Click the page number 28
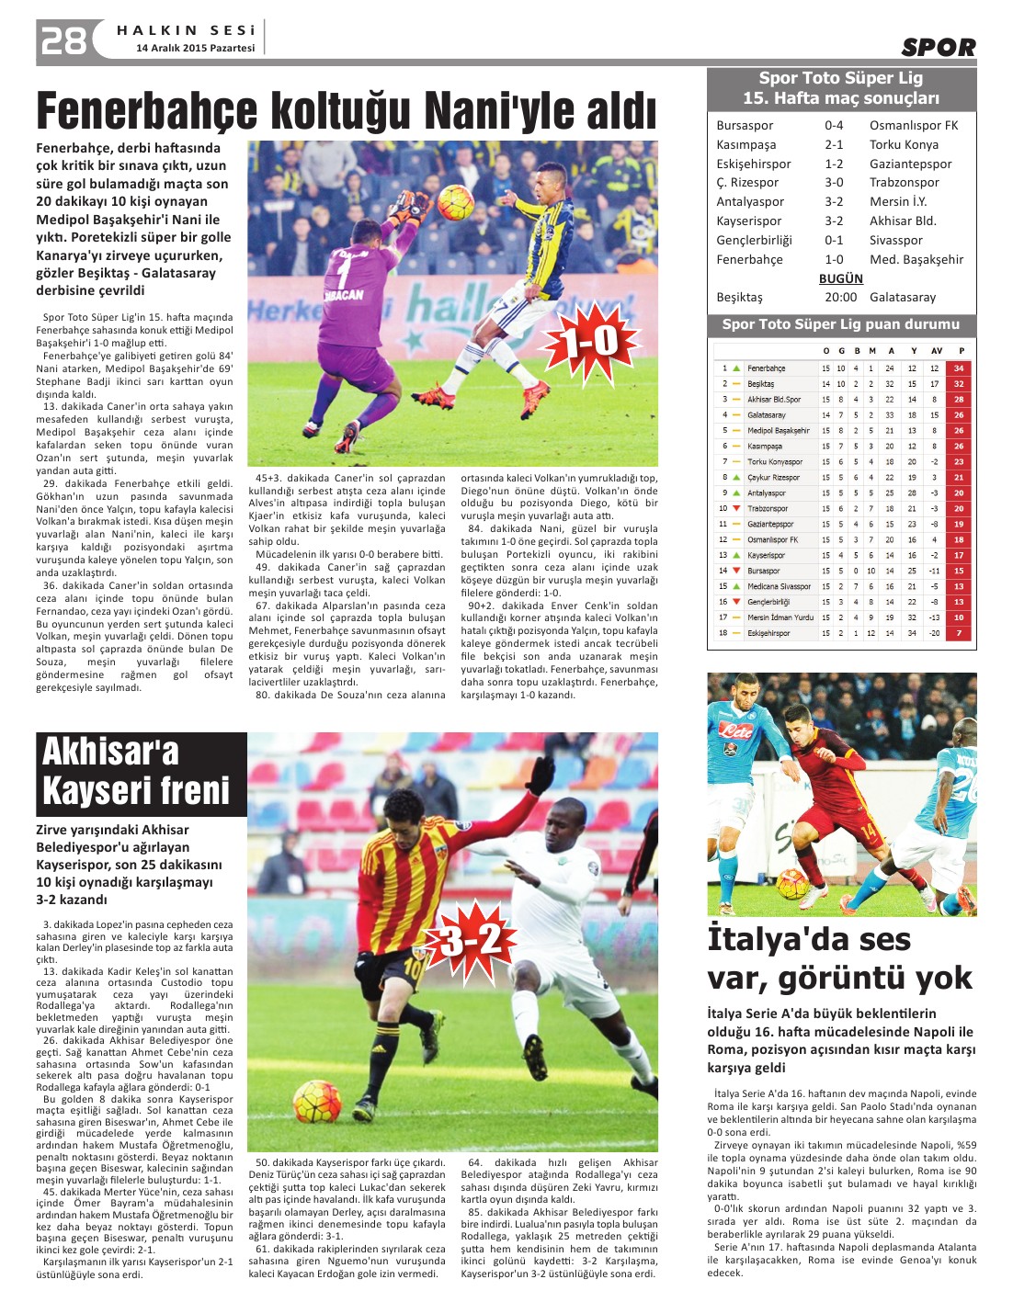click(x=63, y=40)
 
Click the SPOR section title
click(x=938, y=47)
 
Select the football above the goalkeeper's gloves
click(x=455, y=202)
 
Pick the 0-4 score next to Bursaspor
click(x=833, y=125)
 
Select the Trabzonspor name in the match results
click(x=904, y=182)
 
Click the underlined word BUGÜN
click(x=840, y=278)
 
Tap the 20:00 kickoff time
click(x=840, y=297)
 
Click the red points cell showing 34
click(x=959, y=368)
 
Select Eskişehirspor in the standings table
click(x=768, y=633)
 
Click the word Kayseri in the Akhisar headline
click(x=86, y=790)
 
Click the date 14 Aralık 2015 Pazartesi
click(x=195, y=48)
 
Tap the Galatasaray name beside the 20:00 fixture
click(x=903, y=297)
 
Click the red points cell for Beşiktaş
click(x=959, y=384)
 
